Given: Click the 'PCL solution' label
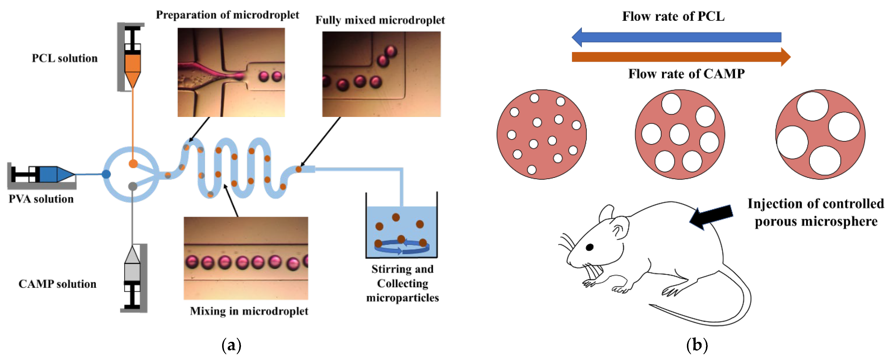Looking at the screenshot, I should click(65, 58).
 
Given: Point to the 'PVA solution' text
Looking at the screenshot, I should click(41, 199).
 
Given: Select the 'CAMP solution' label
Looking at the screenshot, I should click(57, 284).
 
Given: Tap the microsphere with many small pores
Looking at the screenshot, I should click(541, 134).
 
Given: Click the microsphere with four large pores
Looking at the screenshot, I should click(820, 134).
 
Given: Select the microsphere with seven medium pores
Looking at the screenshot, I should click(680, 134).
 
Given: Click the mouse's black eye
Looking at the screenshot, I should click(589, 247).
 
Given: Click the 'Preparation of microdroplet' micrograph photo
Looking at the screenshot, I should click(231, 72).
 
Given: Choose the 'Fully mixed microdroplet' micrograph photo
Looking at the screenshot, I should click(381, 74).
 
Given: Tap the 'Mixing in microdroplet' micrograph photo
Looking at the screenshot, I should click(246, 258).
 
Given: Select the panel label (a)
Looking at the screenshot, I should click(231, 345).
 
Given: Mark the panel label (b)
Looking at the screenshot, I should click(697, 345).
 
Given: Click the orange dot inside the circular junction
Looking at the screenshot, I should click(133, 164).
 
